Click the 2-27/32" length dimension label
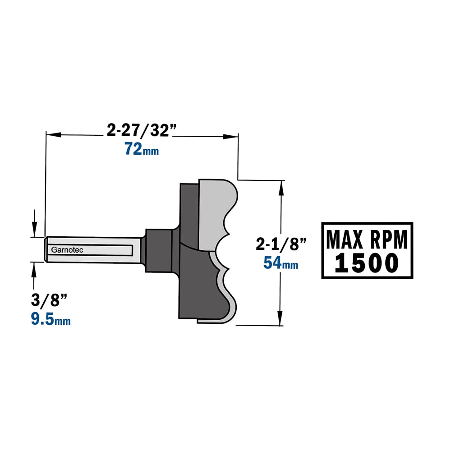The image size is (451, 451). pyautogui.click(x=141, y=130)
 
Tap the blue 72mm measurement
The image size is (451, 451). pyautogui.click(x=142, y=149)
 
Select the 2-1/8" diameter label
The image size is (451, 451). pyautogui.click(x=281, y=244)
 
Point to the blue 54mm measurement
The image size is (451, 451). pyautogui.click(x=281, y=262)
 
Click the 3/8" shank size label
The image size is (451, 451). pyautogui.click(x=49, y=300)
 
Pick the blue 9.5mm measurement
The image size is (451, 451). pyautogui.click(x=51, y=319)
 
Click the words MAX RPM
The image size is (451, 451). pyautogui.click(x=367, y=239)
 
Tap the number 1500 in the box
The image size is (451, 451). pyautogui.click(x=367, y=263)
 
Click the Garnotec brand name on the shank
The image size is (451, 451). pyautogui.click(x=67, y=250)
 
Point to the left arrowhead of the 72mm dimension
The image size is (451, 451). pyautogui.click(x=54, y=134)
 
